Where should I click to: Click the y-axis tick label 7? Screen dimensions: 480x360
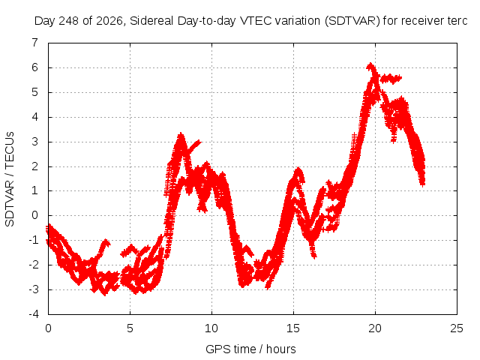[x=35, y=43]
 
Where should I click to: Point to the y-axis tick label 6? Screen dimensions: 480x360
[x=35, y=67]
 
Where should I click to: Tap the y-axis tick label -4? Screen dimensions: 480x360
[x=34, y=314]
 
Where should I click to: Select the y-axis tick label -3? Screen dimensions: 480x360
[x=34, y=289]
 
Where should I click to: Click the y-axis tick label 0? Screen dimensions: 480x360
[x=35, y=215]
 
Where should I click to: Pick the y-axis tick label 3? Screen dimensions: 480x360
[x=35, y=142]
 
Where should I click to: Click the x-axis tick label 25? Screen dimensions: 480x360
[x=457, y=328]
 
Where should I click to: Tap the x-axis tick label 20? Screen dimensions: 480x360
[x=375, y=328]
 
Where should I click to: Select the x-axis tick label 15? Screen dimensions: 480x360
[x=293, y=328]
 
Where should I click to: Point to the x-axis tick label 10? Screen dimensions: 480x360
[x=211, y=328]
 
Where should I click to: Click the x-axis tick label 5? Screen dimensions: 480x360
[x=130, y=328]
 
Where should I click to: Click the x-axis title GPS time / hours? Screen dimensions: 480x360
[x=250, y=349]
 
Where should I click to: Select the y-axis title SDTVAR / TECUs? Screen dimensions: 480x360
[x=10, y=179]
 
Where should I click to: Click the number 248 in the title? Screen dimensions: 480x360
[x=68, y=21]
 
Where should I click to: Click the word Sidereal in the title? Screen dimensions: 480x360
[x=151, y=21]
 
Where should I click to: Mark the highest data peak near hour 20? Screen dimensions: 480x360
[x=370, y=64]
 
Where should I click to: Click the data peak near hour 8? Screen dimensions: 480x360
[x=181, y=134]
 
